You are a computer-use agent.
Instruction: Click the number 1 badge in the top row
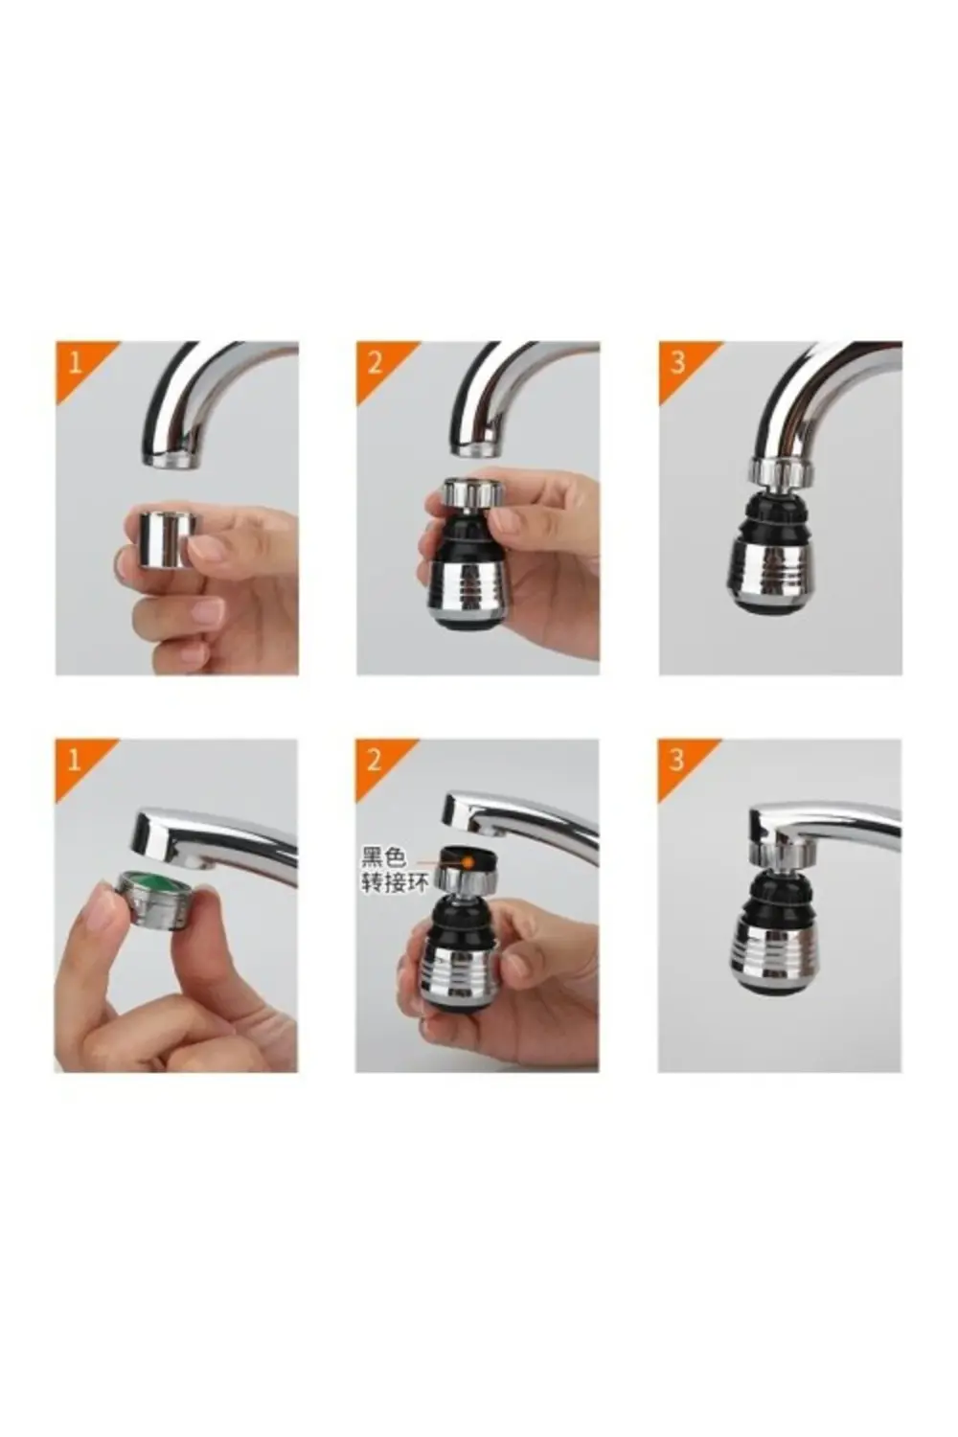pyautogui.click(x=74, y=362)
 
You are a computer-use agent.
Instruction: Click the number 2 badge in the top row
pyautogui.click(x=376, y=362)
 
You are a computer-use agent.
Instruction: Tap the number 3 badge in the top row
pyautogui.click(x=677, y=362)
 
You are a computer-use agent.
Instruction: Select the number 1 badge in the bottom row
pyautogui.click(x=74, y=760)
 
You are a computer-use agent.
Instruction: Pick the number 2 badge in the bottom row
pyautogui.click(x=375, y=760)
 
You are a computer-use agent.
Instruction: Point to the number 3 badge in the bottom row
pyautogui.click(x=676, y=760)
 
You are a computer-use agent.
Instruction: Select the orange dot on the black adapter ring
pyautogui.click(x=469, y=861)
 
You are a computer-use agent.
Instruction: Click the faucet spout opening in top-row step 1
pyautogui.click(x=172, y=461)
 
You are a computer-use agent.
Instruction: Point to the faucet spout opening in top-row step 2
pyautogui.click(x=476, y=447)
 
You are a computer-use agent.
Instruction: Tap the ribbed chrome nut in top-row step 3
pyautogui.click(x=780, y=471)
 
